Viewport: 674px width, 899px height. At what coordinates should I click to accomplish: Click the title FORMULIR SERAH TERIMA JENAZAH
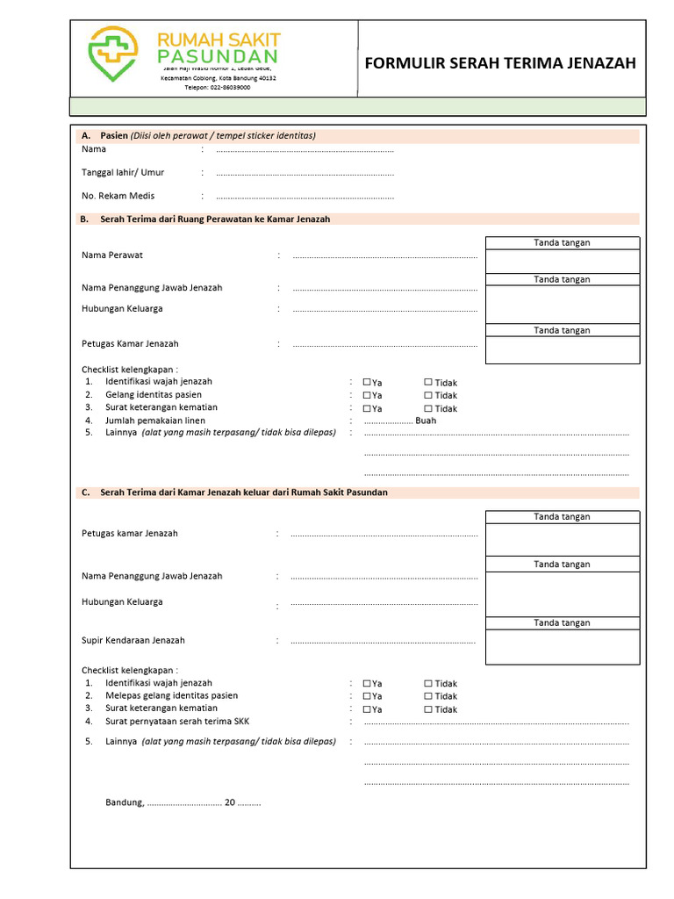(500, 64)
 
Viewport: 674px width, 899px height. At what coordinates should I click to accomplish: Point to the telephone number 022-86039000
(218, 88)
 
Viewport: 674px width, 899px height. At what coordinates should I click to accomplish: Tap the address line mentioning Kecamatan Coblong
(218, 78)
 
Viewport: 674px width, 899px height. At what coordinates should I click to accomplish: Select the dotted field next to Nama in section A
(305, 151)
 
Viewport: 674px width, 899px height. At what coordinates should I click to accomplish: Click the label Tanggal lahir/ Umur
(123, 172)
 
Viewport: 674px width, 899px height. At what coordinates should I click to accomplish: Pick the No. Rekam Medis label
(118, 196)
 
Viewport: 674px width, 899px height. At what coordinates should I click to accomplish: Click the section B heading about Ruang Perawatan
(215, 219)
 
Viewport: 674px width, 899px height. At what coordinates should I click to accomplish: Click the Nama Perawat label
(112, 255)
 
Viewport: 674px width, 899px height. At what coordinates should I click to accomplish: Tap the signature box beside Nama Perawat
(563, 262)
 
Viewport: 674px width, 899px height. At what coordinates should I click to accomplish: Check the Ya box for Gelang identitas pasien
(367, 395)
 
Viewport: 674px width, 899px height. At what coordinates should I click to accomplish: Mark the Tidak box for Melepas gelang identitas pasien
(428, 696)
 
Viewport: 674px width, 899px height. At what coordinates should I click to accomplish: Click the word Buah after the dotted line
(426, 421)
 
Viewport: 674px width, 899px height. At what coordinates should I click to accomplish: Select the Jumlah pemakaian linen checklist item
(155, 421)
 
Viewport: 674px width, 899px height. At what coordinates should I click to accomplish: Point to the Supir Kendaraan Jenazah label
(133, 641)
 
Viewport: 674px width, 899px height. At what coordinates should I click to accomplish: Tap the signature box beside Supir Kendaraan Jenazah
(563, 647)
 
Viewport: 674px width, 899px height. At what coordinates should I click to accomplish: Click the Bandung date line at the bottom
(183, 802)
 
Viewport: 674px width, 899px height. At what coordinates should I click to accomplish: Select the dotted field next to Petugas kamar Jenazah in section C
(384, 534)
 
